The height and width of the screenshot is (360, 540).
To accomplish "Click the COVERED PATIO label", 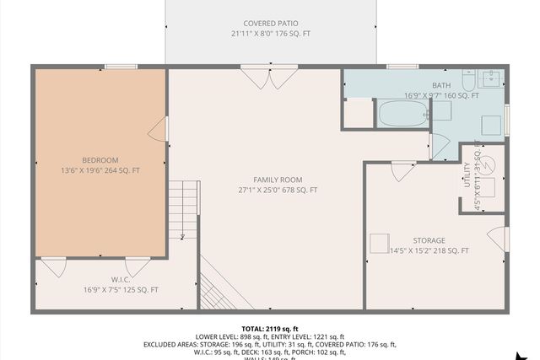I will (x=270, y=23).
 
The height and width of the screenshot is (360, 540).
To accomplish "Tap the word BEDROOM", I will (x=100, y=160).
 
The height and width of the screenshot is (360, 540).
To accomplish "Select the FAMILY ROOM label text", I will (x=277, y=180).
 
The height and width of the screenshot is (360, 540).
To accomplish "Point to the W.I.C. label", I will (x=120, y=279).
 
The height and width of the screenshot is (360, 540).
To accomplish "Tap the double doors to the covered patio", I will (x=269, y=78).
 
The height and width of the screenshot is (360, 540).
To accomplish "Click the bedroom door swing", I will (x=158, y=129).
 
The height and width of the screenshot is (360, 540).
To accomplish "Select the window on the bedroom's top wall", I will (x=121, y=67).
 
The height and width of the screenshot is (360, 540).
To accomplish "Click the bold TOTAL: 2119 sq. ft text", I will (x=270, y=327).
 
